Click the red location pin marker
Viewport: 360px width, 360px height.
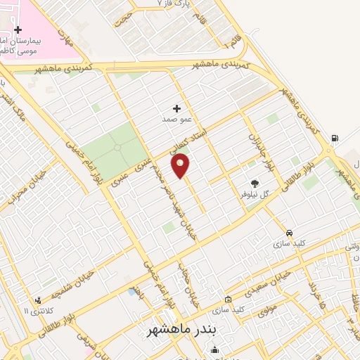[181, 165]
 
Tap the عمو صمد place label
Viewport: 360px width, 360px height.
[176, 120]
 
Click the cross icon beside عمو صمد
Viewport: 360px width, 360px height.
[176, 108]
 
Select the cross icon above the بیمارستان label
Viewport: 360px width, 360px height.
[18, 30]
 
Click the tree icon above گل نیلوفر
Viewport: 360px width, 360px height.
[255, 182]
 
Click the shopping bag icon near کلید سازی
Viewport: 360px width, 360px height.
[227, 299]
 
